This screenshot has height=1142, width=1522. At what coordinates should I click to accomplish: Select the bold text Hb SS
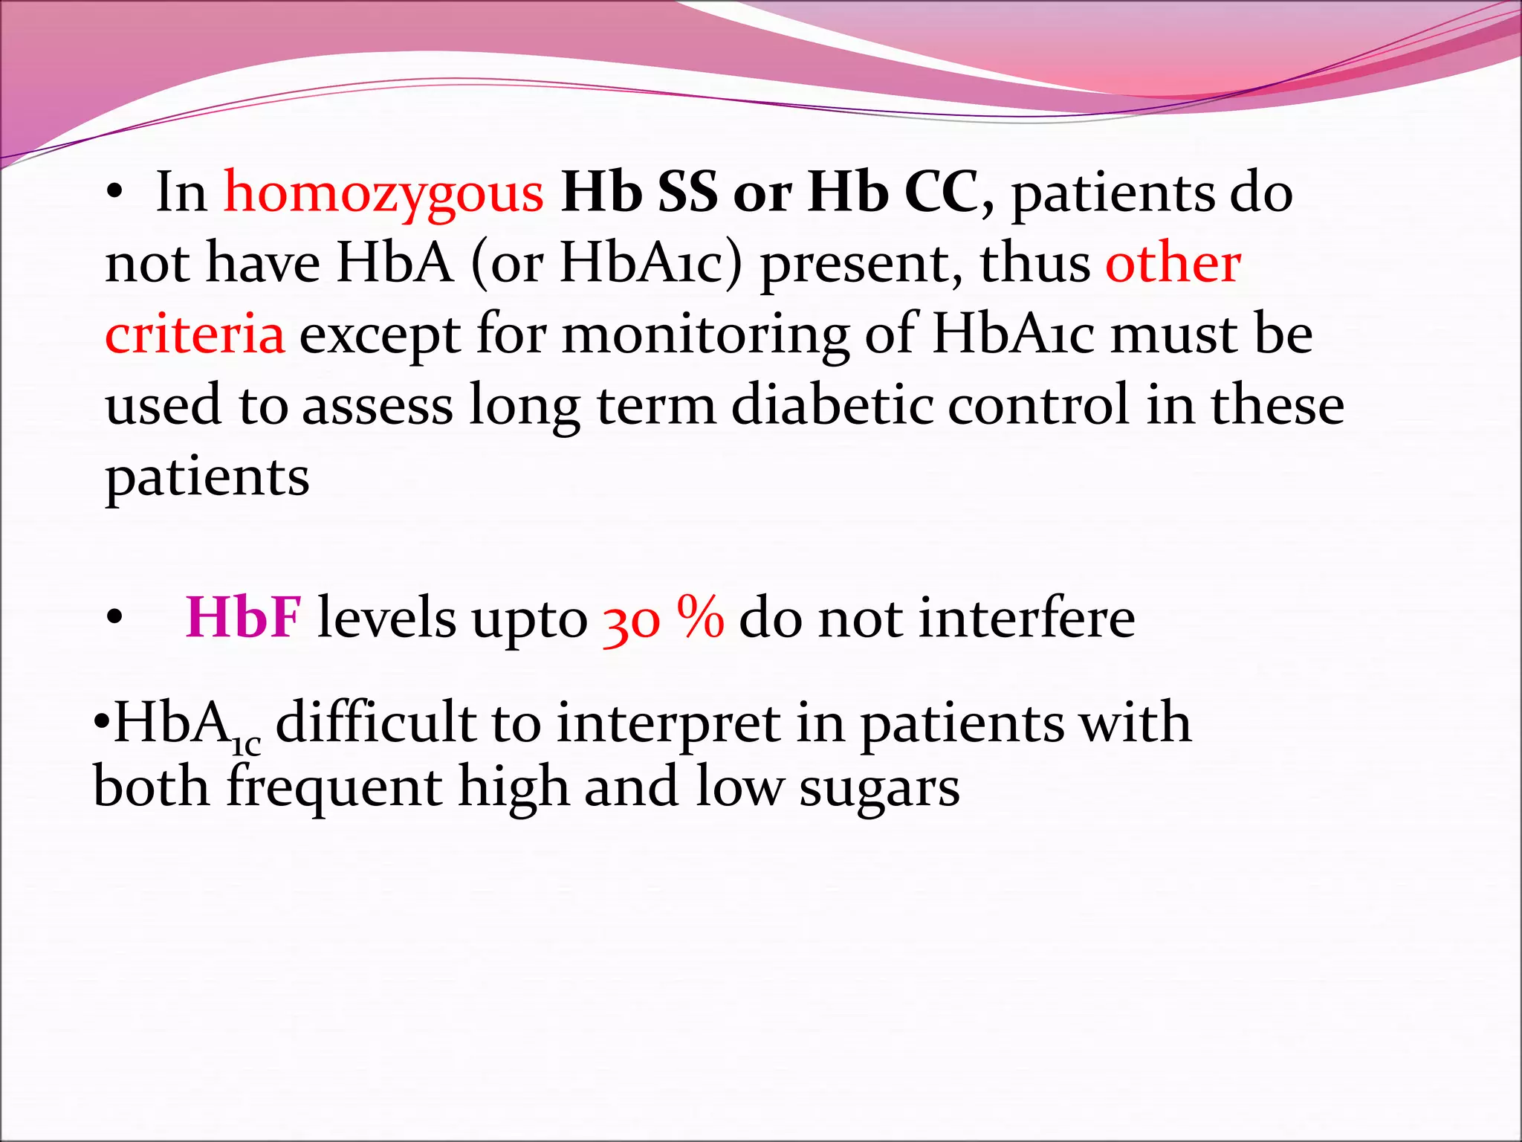(639, 193)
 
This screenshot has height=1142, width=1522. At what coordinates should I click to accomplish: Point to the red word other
(1173, 263)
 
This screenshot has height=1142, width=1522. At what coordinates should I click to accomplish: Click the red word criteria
(195, 334)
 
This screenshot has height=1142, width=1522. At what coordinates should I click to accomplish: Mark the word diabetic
(832, 405)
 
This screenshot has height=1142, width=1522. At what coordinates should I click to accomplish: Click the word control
(1038, 405)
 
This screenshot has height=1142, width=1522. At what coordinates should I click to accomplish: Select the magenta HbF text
(243, 618)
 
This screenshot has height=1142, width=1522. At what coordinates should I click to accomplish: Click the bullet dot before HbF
(114, 617)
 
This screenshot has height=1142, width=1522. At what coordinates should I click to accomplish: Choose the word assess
(378, 406)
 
